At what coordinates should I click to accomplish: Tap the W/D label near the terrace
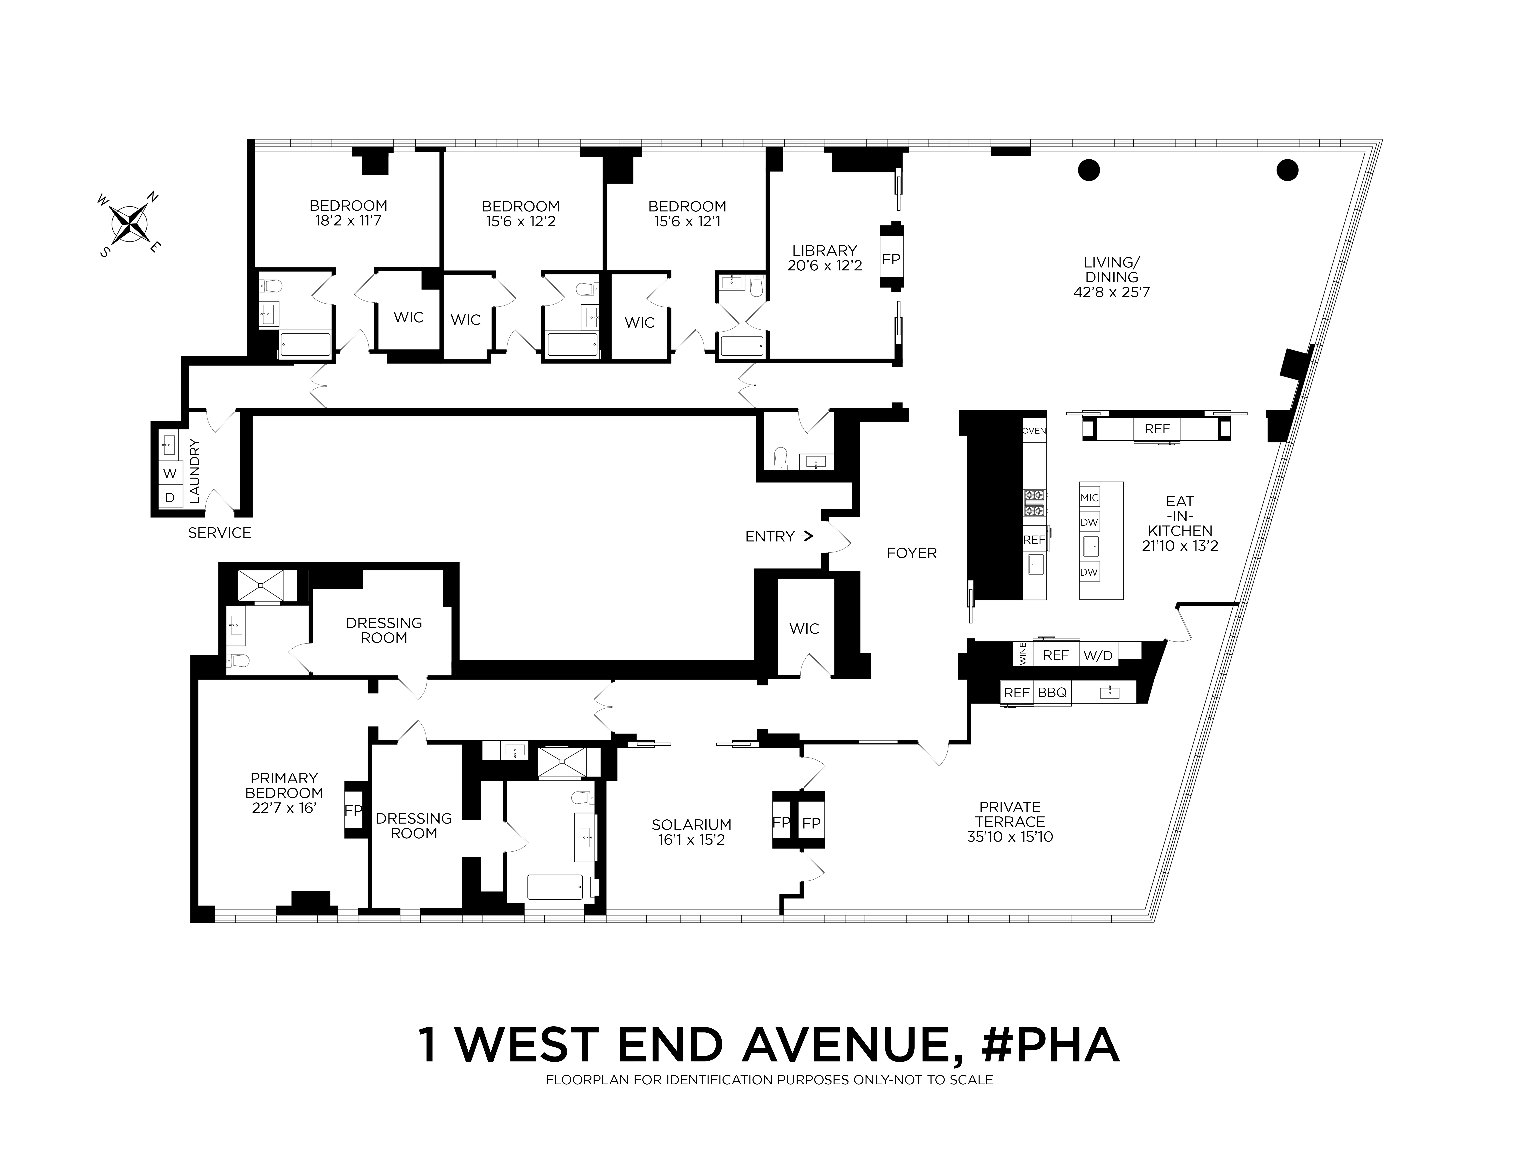pos(1098,655)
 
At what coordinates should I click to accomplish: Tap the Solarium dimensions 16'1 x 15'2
pos(692,839)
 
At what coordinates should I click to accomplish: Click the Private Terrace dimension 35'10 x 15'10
pos(1010,837)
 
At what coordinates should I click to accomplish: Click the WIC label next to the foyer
pos(804,629)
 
